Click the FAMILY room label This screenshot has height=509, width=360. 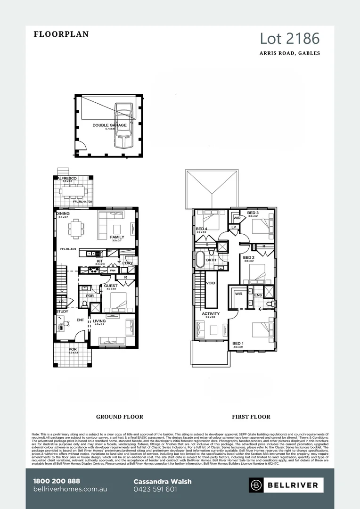[117, 237]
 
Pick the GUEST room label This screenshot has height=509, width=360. [111, 286]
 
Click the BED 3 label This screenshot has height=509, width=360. [253, 213]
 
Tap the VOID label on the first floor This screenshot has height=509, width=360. [211, 283]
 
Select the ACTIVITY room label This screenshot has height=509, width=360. [211, 313]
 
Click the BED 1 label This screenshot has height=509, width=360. [238, 343]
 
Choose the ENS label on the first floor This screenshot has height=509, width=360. [258, 295]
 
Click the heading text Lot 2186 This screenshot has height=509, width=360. [290, 38]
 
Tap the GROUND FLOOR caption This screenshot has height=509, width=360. [120, 417]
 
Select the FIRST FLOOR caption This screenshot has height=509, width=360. [251, 417]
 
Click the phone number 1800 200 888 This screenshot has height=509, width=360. [57, 481]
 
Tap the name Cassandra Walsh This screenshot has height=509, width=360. [163, 482]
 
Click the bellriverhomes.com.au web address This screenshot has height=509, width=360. [70, 489]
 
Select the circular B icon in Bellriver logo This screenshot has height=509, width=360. [257, 484]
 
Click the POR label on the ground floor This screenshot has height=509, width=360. [73, 349]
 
